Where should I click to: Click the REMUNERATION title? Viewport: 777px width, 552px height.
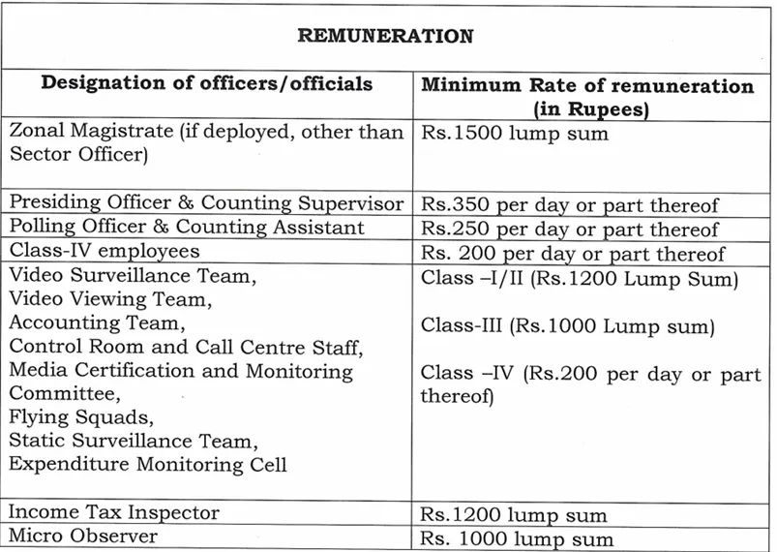tap(386, 37)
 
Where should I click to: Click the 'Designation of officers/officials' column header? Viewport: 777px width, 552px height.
tap(206, 84)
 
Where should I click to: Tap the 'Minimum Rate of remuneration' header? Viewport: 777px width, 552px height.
tap(587, 86)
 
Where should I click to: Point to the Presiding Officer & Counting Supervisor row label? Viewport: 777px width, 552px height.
tap(206, 203)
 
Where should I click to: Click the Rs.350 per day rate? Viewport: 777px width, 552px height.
tap(570, 205)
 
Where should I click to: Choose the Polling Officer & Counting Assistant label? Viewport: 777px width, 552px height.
tap(187, 228)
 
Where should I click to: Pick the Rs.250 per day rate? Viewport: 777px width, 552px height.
tap(570, 230)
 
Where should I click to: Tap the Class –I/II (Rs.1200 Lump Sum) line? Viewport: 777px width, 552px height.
tap(581, 279)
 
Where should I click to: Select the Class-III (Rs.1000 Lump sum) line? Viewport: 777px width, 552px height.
tap(568, 326)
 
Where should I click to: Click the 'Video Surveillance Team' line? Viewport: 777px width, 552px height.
tap(133, 277)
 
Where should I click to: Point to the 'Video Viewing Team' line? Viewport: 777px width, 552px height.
tap(109, 300)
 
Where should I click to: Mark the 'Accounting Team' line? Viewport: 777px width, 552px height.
tap(96, 323)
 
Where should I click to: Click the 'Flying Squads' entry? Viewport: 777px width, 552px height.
tap(81, 418)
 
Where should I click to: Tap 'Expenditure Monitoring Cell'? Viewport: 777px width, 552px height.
tap(148, 465)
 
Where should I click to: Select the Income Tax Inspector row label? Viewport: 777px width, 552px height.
tap(114, 512)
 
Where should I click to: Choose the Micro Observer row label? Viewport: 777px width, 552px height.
tap(82, 536)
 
